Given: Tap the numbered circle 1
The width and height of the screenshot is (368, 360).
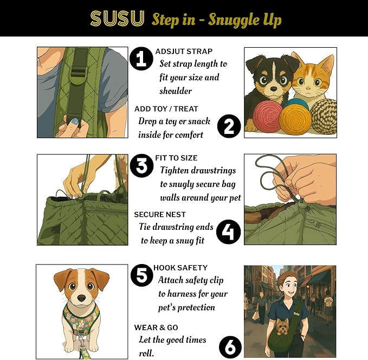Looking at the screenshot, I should point(141,59).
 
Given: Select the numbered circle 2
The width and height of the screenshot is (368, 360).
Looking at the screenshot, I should point(229,126).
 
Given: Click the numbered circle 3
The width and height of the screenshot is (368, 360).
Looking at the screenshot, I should point(142,166).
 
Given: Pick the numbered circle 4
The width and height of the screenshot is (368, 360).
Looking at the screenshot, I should point(228,232).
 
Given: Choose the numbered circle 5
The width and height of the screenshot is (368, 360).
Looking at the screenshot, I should point(141,275).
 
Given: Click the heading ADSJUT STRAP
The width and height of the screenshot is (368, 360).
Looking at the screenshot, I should point(183,52).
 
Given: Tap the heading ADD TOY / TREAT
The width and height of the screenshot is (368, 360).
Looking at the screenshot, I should point(166,109).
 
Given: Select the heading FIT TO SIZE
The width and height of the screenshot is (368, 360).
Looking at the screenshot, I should point(176,158).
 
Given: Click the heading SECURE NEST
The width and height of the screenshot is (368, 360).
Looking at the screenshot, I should point(160,215).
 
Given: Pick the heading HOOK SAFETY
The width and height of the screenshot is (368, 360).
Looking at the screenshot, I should point(180,268).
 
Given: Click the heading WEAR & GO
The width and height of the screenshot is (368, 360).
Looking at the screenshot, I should point(156,327).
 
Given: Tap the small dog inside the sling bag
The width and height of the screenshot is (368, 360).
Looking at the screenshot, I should point(282,326).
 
